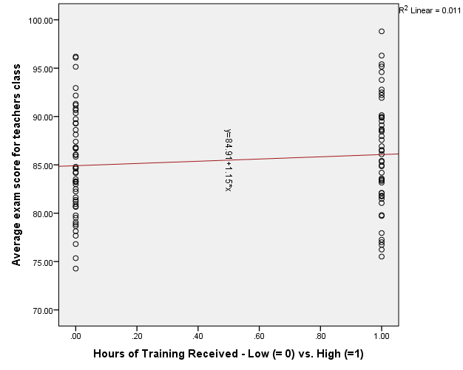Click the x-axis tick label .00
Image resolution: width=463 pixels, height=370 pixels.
[75, 334]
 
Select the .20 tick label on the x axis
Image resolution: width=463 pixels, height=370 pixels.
[137, 334]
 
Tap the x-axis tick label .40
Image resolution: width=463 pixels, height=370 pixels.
[198, 334]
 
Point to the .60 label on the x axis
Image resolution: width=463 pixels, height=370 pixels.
[259, 334]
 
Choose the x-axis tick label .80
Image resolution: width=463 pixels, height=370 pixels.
[320, 334]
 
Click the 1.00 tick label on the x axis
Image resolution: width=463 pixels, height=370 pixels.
[382, 334]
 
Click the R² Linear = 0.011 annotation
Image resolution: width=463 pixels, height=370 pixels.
[430, 10]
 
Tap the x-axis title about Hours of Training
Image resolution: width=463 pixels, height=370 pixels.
[228, 354]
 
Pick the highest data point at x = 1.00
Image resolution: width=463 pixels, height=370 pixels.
[382, 31]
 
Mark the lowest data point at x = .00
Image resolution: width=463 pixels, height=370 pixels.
[75, 268]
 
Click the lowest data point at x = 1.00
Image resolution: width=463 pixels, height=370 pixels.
[382, 256]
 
